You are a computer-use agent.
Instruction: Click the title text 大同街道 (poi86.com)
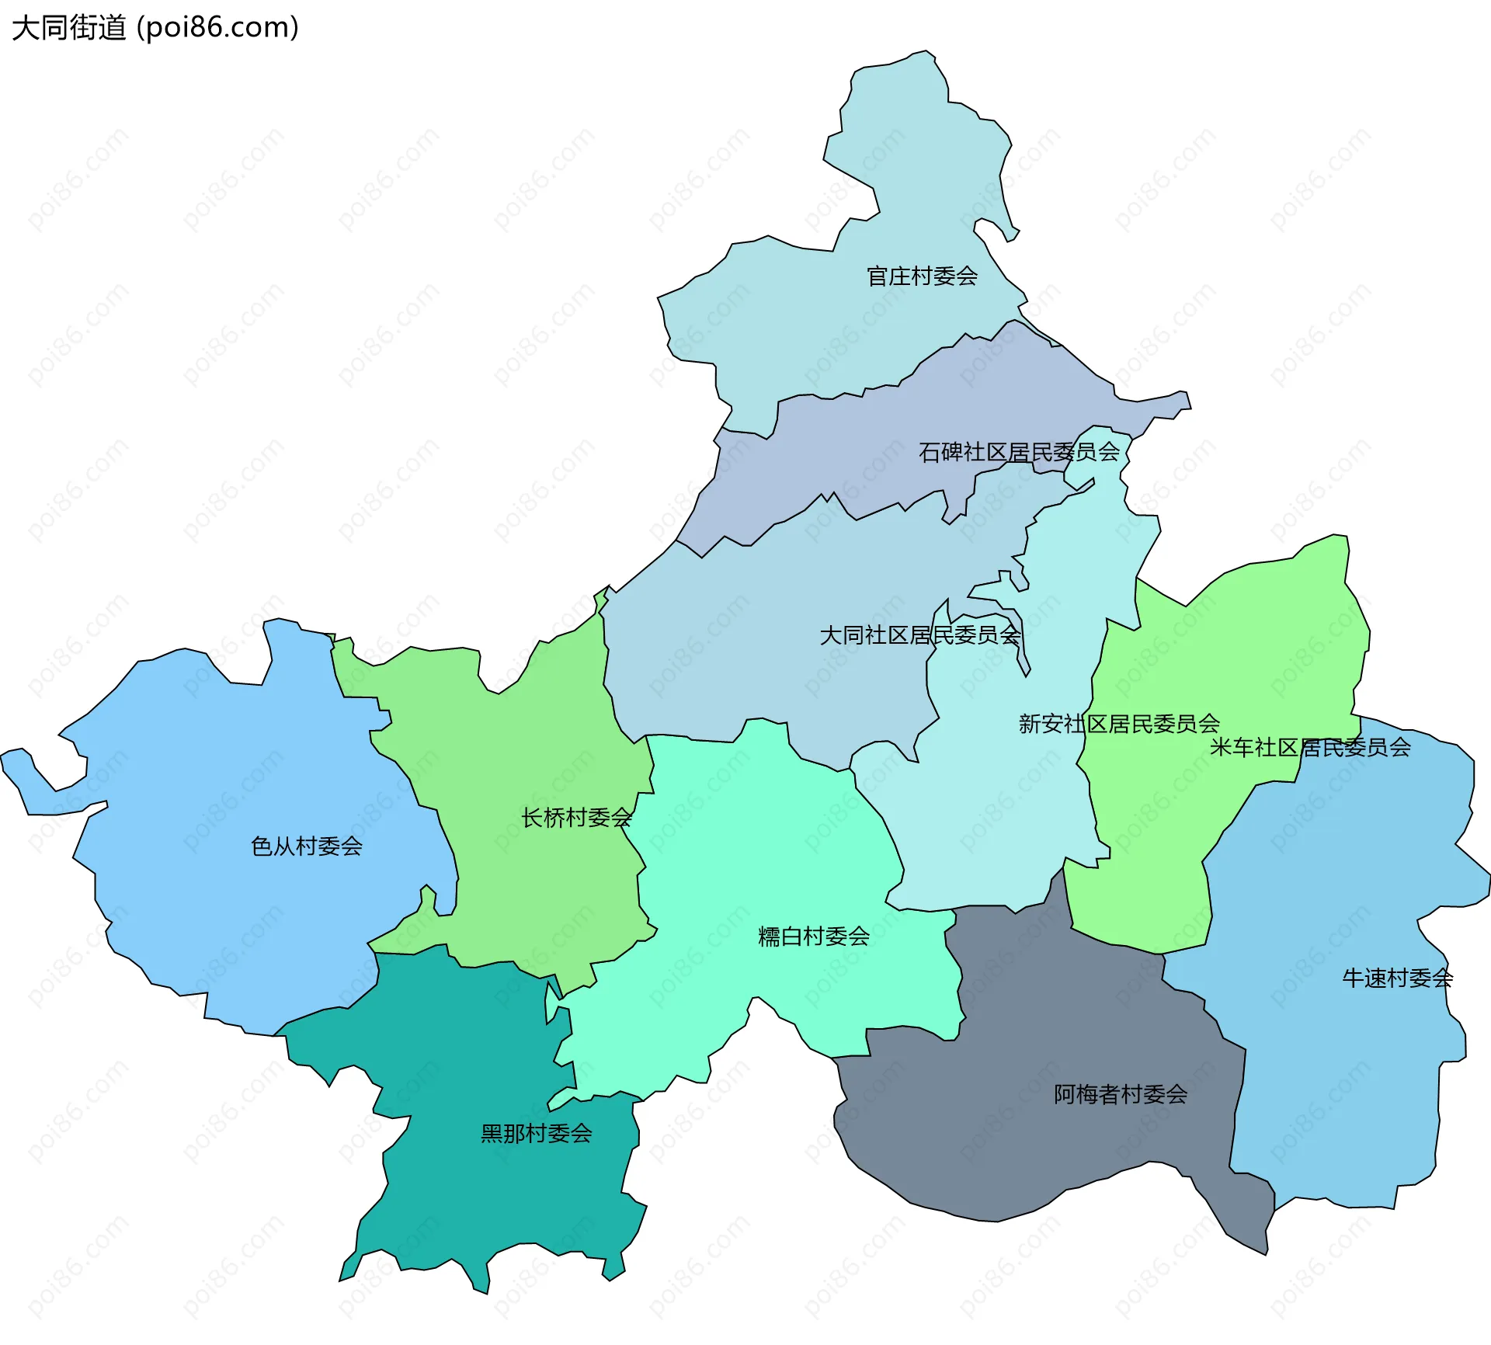pos(155,28)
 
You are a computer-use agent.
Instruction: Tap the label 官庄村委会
pos(922,276)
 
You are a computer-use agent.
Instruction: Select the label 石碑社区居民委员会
pos(1019,452)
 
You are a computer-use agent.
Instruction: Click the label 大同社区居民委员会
pos(920,635)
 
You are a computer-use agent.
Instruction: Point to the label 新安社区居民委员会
pos(1119,724)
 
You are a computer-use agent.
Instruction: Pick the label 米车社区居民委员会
pos(1310,747)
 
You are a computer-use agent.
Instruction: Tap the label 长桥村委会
pos(576,818)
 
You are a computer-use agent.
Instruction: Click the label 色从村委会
pos(307,846)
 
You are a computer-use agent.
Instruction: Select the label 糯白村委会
pos(814,937)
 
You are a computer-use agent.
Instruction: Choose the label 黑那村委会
pos(537,1134)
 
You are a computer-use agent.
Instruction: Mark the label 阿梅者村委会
pos(1121,1094)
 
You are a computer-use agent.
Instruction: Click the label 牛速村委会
pos(1397,978)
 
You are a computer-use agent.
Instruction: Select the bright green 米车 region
pos(1242,660)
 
